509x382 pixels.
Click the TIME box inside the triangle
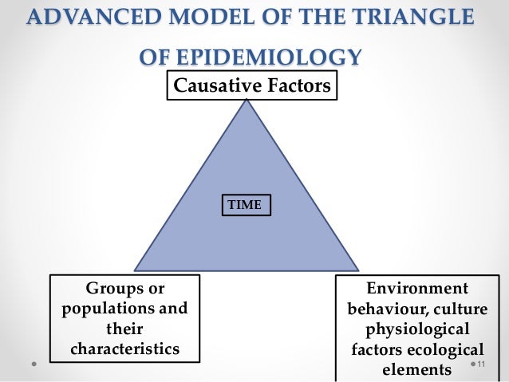click(x=245, y=205)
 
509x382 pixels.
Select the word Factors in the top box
click(x=297, y=85)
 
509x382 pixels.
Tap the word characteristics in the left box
click(x=124, y=349)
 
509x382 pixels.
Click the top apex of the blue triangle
click(x=247, y=100)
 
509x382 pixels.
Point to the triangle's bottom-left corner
click(x=134, y=270)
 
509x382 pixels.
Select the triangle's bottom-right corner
click(x=358, y=270)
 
